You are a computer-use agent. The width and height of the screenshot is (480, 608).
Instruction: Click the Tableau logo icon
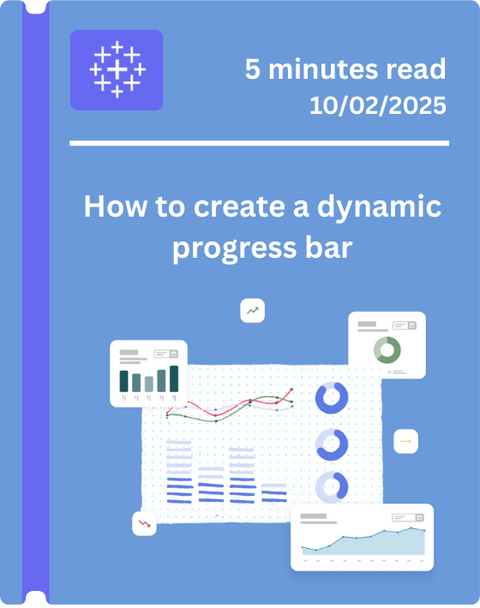point(117,70)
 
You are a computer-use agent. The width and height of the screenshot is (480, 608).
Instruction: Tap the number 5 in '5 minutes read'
point(253,70)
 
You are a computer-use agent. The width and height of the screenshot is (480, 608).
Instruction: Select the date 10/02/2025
point(378,106)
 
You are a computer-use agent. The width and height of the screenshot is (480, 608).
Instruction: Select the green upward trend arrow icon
point(252,311)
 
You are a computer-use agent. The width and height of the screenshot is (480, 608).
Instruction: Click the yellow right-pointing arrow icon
point(405,441)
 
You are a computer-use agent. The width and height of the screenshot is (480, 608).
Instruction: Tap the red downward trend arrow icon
point(144,522)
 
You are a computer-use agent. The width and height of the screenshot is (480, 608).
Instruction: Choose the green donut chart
point(387,349)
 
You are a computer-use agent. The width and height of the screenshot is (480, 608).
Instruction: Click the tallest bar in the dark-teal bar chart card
point(174,378)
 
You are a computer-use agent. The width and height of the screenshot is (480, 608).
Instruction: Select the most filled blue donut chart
point(331,398)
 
